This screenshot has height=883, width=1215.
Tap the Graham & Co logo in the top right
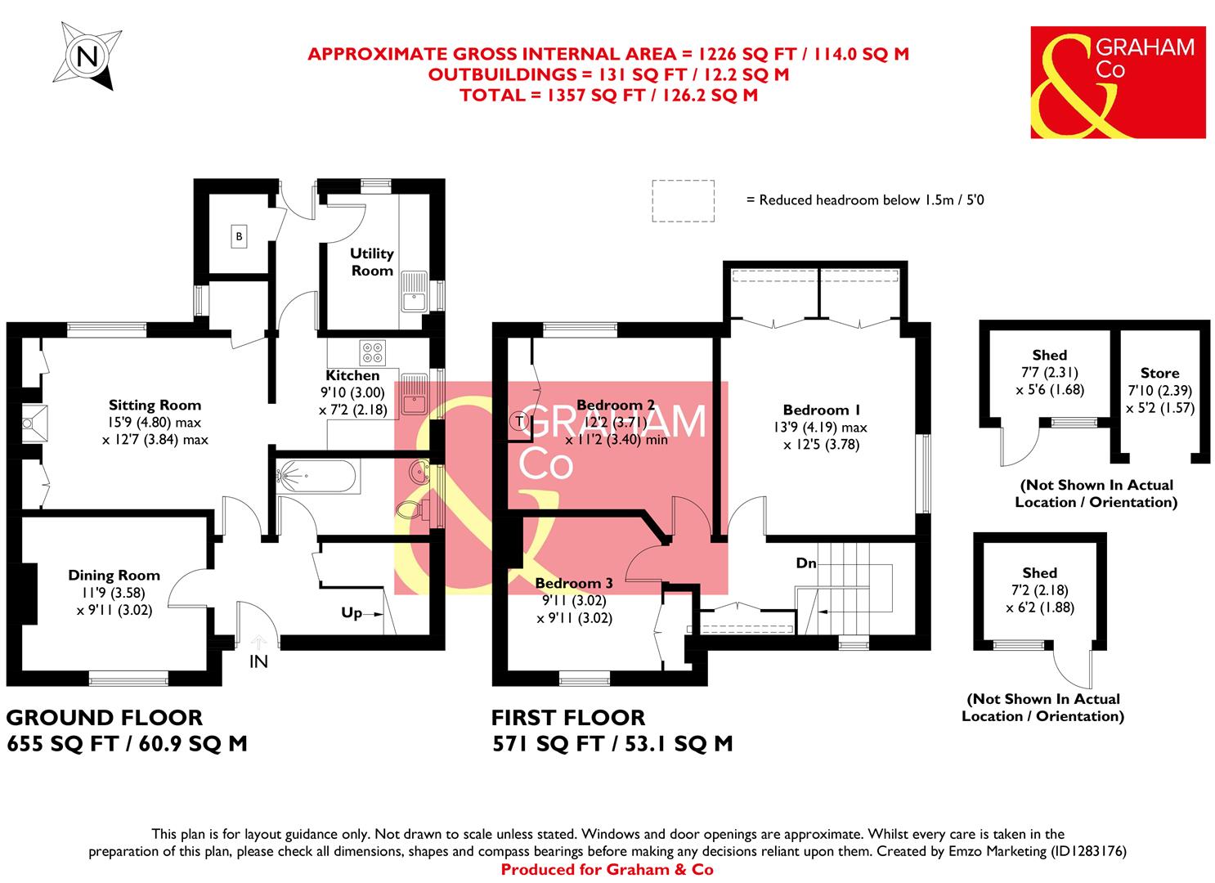[1118, 82]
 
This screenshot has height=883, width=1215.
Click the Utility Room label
[372, 262]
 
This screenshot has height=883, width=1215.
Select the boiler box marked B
[239, 237]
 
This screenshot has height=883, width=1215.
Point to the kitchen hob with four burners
[373, 352]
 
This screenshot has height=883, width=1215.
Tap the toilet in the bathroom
[412, 511]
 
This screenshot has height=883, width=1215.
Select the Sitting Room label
[155, 405]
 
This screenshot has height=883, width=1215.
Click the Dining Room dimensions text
[114, 601]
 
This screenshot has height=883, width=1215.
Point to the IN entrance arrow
[258, 643]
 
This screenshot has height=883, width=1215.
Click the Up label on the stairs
[352, 612]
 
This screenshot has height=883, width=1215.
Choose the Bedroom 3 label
[573, 583]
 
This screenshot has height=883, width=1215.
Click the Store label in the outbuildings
[1159, 373]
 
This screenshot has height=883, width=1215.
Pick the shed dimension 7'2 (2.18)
[1039, 590]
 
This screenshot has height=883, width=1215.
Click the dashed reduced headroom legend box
[683, 200]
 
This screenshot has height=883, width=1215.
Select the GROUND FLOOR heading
[104, 718]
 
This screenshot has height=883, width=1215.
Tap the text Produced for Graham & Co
[607, 870]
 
